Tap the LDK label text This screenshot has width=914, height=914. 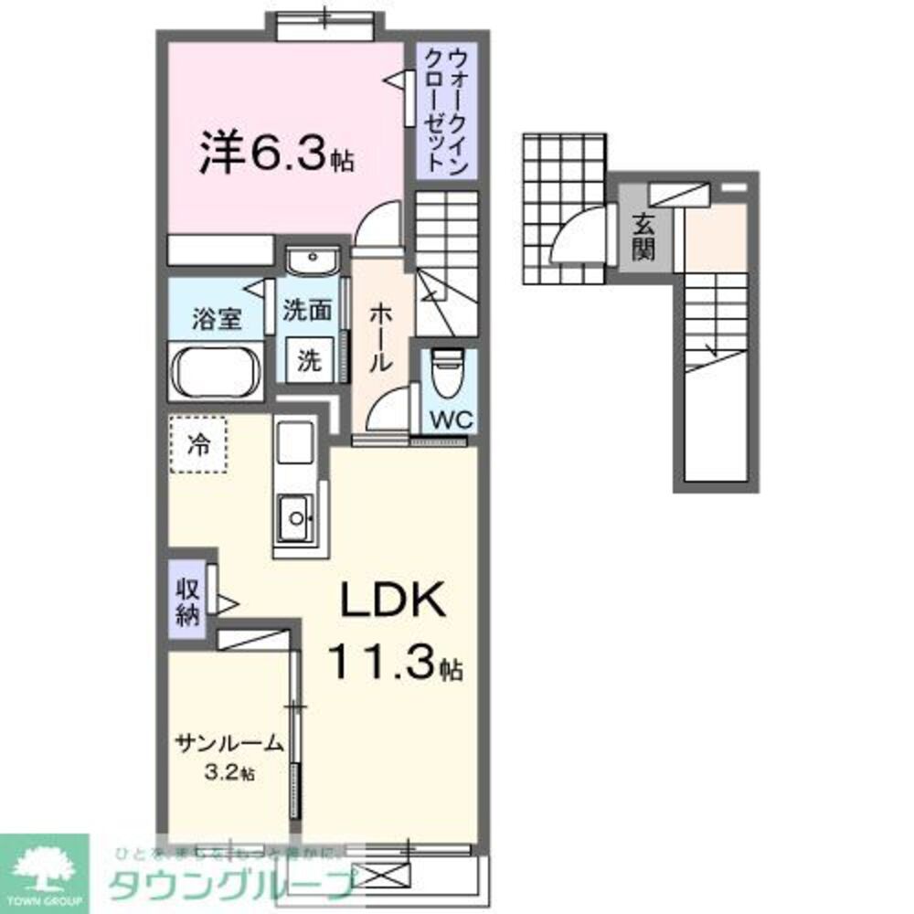pyautogui.click(x=393, y=603)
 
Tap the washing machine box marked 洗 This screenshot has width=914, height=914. pyautogui.click(x=310, y=360)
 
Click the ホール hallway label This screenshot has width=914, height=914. pyautogui.click(x=381, y=337)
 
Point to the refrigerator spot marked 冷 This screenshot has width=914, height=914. pyautogui.click(x=197, y=445)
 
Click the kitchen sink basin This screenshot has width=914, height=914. pyautogui.click(x=296, y=520)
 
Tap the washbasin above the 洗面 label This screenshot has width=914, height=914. pyautogui.click(x=311, y=263)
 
